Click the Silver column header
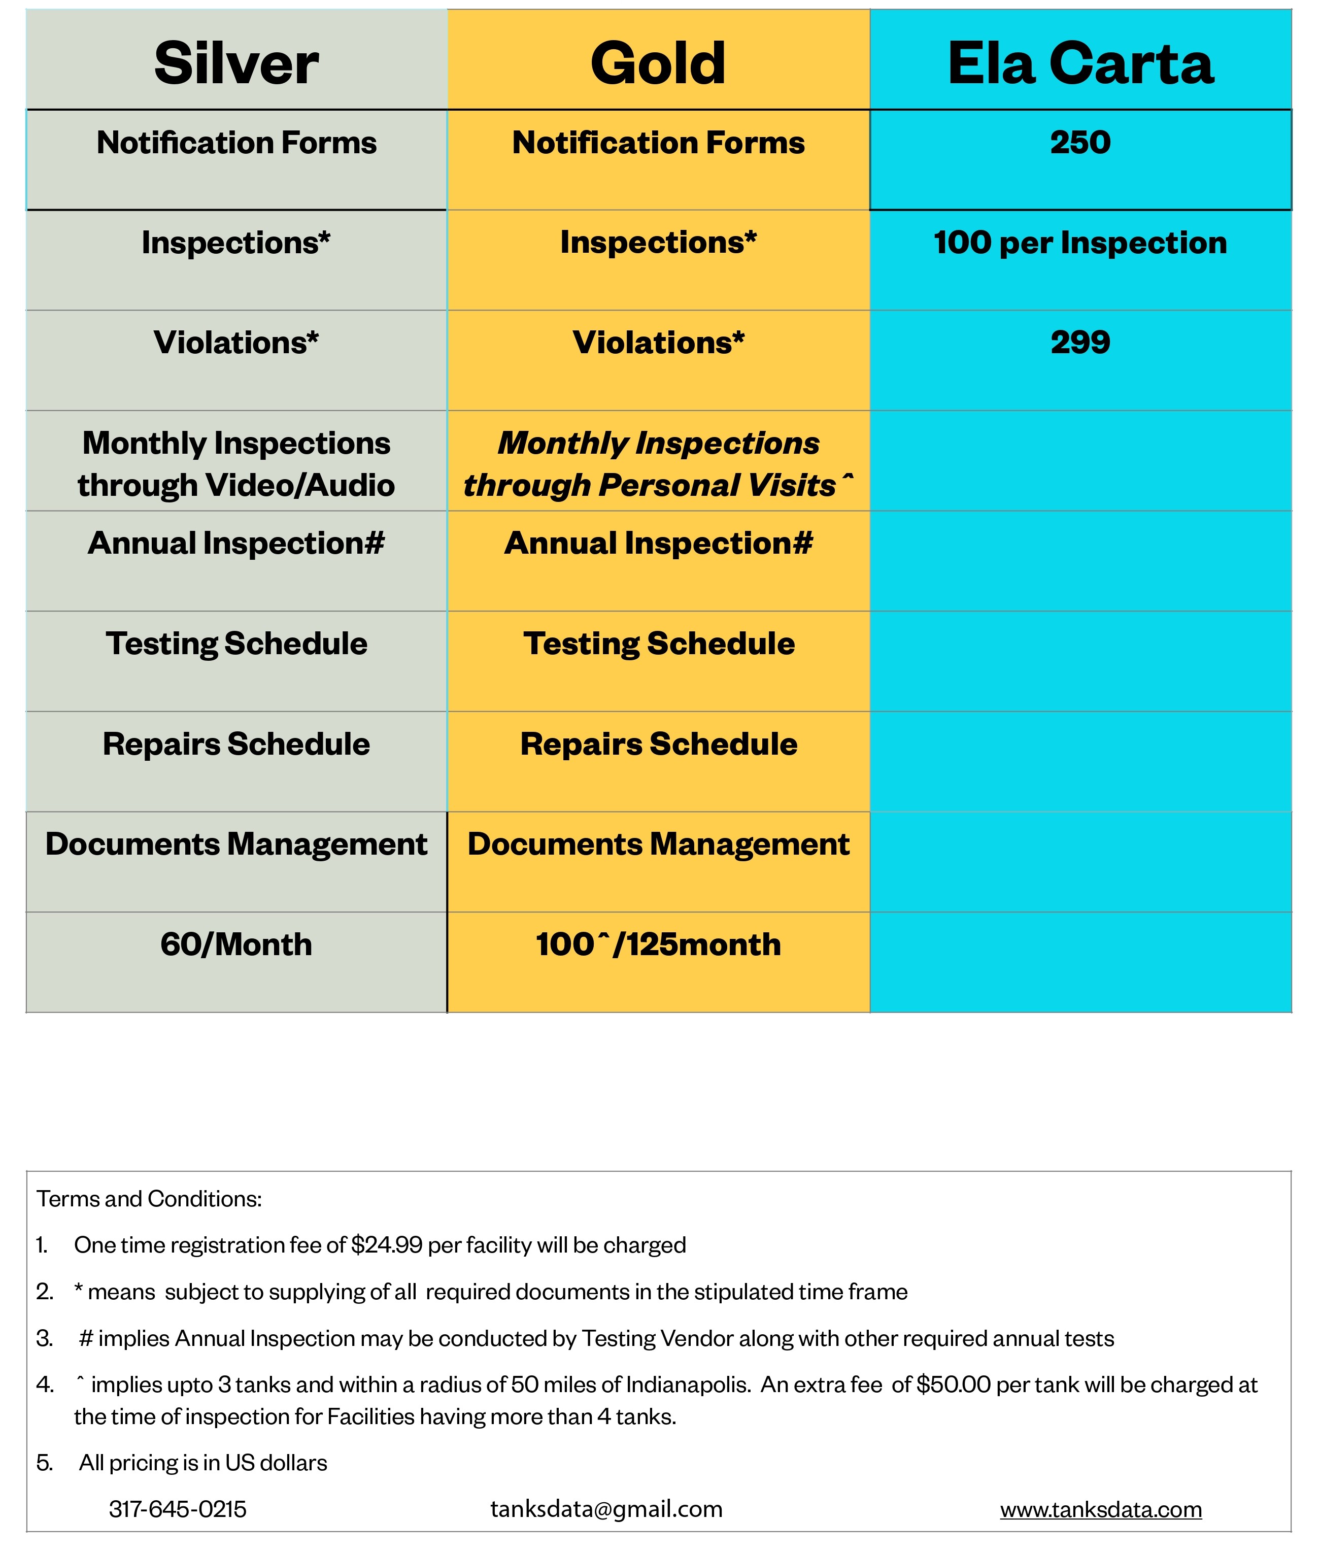[x=236, y=63]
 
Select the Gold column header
[x=658, y=63]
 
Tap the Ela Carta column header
[x=1080, y=63]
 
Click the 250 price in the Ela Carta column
[x=1080, y=142]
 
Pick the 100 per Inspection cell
[x=1080, y=243]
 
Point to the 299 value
[x=1080, y=342]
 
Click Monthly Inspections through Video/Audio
[x=236, y=464]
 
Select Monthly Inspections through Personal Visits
[x=658, y=464]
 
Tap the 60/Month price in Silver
[x=236, y=944]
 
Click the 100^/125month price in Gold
[x=658, y=944]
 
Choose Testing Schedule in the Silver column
[x=236, y=644]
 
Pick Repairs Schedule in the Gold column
[x=658, y=744]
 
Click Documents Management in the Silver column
[x=236, y=844]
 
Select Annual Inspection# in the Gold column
[x=658, y=544]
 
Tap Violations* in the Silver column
[x=236, y=342]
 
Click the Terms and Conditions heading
[x=149, y=1198]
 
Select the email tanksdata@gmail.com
[x=606, y=1509]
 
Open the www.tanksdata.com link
[x=1101, y=1509]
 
